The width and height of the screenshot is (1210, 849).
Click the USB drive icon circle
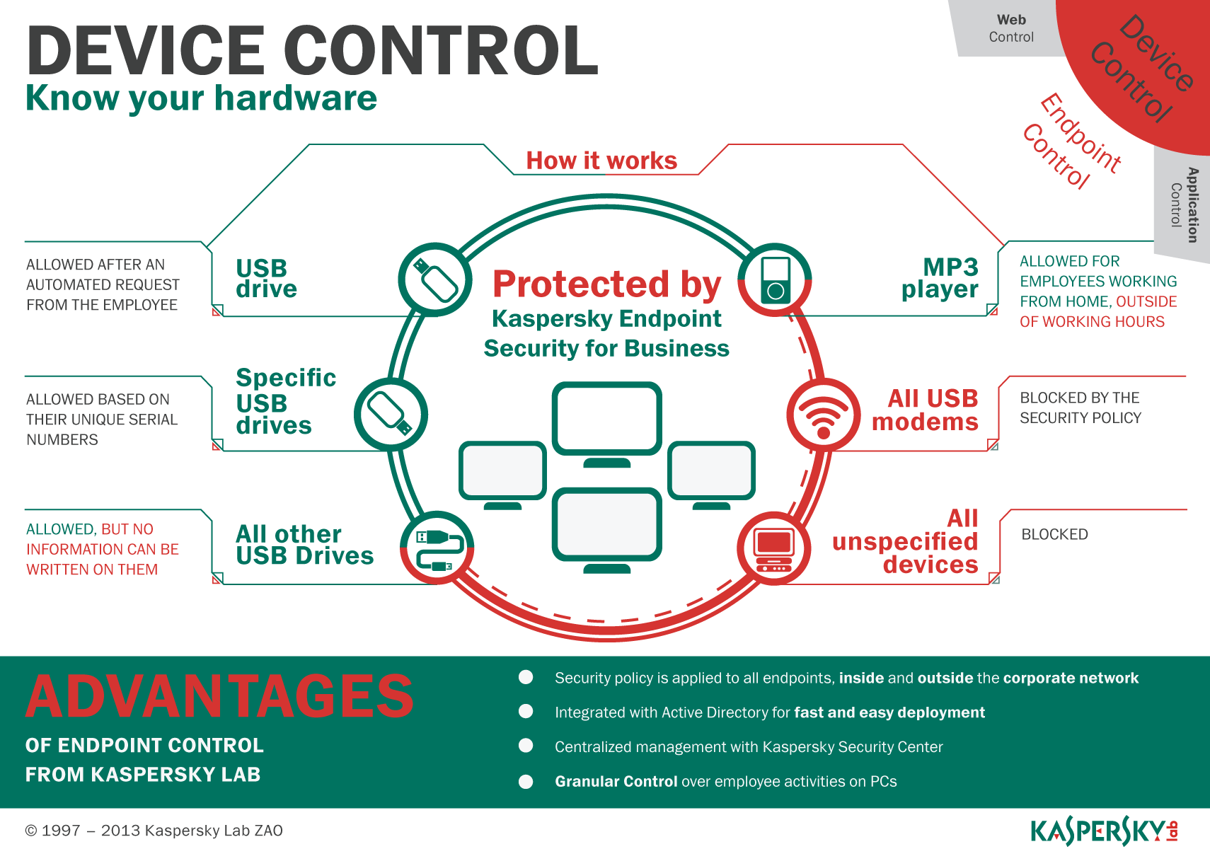[x=435, y=279]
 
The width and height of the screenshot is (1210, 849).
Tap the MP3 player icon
[x=775, y=280]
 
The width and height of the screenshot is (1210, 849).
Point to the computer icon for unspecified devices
[x=774, y=550]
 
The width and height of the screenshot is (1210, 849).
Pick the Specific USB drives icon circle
[x=391, y=415]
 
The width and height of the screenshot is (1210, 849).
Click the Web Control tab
[x=1010, y=28]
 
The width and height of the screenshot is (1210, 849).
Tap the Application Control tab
[x=1184, y=205]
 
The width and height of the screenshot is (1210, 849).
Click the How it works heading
[x=601, y=161]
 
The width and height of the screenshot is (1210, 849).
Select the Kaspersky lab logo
[x=1104, y=831]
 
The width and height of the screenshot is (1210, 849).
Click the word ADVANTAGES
[x=219, y=696]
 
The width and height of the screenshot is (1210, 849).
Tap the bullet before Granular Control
[x=526, y=782]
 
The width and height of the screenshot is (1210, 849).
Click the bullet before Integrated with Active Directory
[x=526, y=712]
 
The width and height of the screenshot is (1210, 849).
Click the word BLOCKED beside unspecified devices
[x=1054, y=534]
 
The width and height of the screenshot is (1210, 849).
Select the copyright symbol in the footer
[x=31, y=831]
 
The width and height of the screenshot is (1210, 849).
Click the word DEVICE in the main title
[x=145, y=51]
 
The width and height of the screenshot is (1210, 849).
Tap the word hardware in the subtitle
[x=296, y=98]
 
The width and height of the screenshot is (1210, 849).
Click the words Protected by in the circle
[x=606, y=284]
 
